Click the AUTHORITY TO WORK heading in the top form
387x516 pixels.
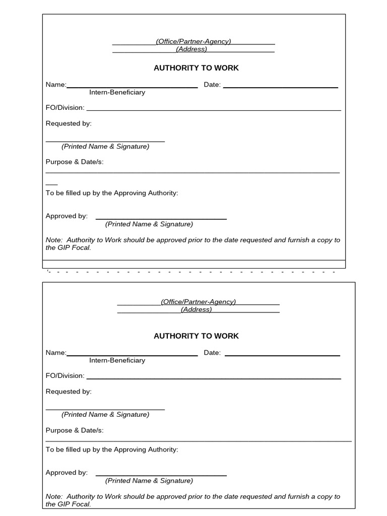pyautogui.click(x=196, y=68)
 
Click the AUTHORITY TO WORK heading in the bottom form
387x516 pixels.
pyautogui.click(x=196, y=336)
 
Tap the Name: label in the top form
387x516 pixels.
pyautogui.click(x=56, y=85)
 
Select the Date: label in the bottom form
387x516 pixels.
pyautogui.click(x=212, y=353)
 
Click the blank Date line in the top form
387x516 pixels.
pyautogui.click(x=280, y=87)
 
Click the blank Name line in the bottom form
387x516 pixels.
pyautogui.click(x=132, y=355)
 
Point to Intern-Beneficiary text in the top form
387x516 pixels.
pyautogui.click(x=117, y=92)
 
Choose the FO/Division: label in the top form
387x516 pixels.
pyautogui.click(x=65, y=108)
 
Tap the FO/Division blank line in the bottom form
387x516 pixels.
pyautogui.click(x=214, y=378)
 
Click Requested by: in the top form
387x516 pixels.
pyautogui.click(x=69, y=123)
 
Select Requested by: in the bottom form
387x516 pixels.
pyautogui.click(x=69, y=392)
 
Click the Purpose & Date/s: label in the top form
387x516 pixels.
pyautogui.click(x=75, y=162)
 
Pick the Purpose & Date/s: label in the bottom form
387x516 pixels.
pyautogui.click(x=75, y=430)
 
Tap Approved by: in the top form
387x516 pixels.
pyautogui.click(x=67, y=216)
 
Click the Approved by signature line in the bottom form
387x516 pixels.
pyautogui.click(x=161, y=475)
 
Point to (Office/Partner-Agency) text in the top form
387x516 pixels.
pyautogui.click(x=193, y=41)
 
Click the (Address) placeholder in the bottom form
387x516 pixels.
pyautogui.click(x=197, y=309)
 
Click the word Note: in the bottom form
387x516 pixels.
pyautogui.click(x=54, y=496)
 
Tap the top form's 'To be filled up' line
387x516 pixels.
pyautogui.click(x=112, y=193)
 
